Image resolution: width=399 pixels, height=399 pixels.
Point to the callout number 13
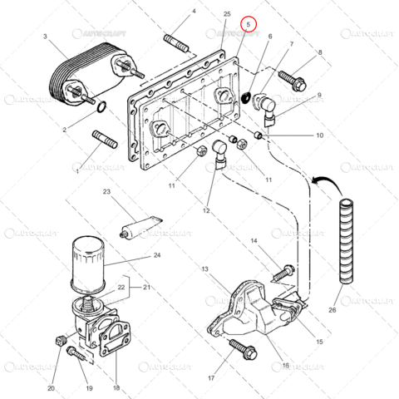(204, 270)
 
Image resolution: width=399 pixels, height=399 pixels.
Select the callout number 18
(116, 387)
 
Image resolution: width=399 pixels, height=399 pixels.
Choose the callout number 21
(147, 288)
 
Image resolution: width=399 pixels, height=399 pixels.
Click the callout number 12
(205, 210)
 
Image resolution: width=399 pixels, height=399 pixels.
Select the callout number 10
(319, 134)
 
